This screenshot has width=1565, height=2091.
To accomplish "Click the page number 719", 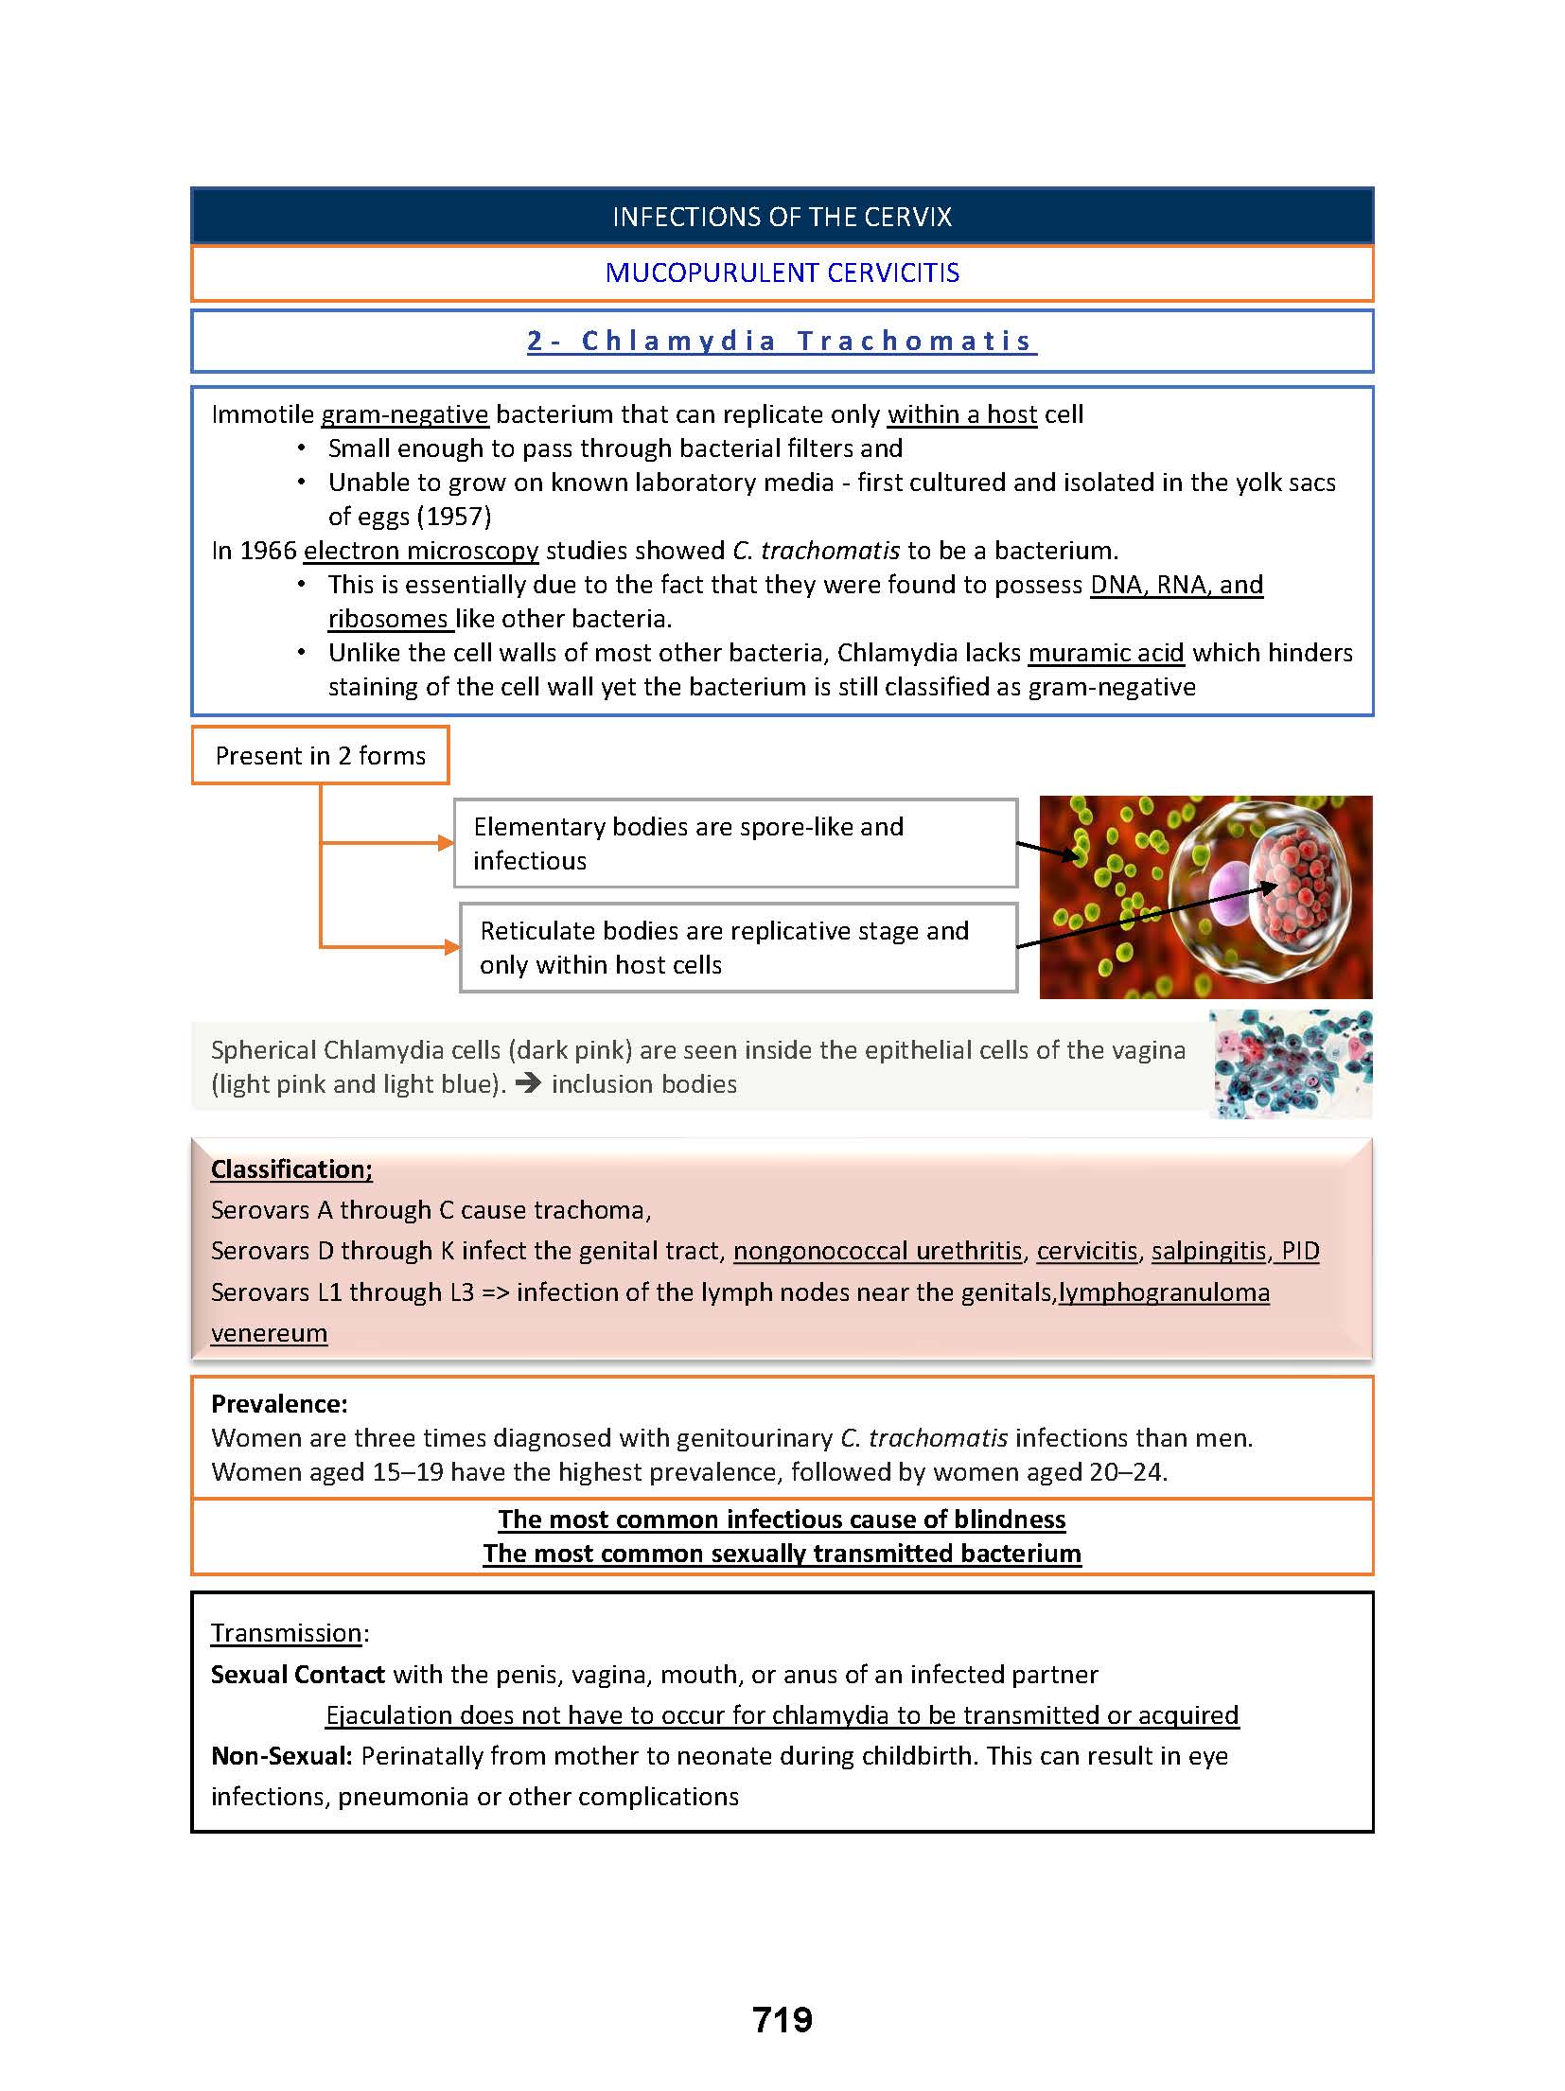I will (x=782, y=2020).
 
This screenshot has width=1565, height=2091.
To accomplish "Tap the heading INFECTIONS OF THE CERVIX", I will (x=782, y=218).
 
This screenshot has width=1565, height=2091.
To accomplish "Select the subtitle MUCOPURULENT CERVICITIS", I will (x=782, y=273).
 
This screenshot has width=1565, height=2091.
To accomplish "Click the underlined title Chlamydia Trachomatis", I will (x=782, y=341).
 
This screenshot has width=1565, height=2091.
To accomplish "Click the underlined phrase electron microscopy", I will (x=421, y=551).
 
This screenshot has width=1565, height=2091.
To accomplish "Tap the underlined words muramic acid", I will (x=1106, y=653).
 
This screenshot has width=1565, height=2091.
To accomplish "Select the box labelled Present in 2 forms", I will (x=320, y=756).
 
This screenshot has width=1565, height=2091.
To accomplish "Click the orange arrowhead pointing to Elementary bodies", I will (x=446, y=843).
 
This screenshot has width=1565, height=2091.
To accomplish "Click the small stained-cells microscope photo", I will (x=1291, y=1064).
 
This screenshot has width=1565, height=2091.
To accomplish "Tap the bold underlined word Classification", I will (x=290, y=1169).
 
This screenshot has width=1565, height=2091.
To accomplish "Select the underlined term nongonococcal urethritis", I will (x=878, y=1251).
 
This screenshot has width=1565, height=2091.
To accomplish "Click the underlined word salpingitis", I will (x=1208, y=1251).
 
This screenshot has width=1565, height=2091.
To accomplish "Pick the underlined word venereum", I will (x=269, y=1333).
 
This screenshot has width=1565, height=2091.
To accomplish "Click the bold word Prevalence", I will (x=279, y=1404).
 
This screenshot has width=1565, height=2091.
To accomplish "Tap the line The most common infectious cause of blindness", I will (x=782, y=1520).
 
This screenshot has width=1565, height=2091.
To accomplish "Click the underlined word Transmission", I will (x=286, y=1633).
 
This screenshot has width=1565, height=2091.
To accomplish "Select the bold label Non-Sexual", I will (x=281, y=1756).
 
